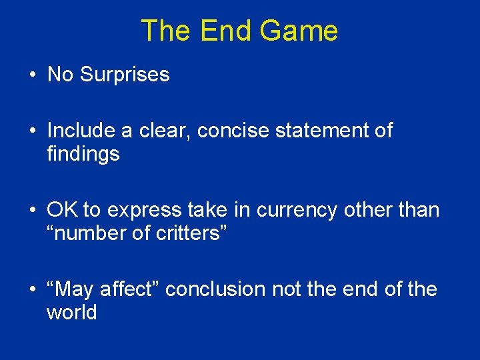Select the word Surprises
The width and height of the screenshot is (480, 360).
[125, 74]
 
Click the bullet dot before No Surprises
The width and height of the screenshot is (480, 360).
[32, 75]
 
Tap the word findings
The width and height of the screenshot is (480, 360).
[83, 155]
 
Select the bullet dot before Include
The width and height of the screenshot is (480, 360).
[32, 131]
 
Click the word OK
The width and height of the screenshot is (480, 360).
[62, 210]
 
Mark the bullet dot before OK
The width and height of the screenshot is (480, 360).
[32, 211]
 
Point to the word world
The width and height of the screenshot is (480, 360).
[72, 312]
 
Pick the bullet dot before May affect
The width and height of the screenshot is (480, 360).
[32, 290]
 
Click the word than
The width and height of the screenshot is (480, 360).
[417, 210]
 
